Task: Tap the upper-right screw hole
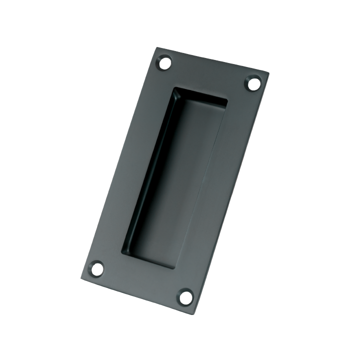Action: point(254,83)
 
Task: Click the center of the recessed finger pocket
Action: point(175,177)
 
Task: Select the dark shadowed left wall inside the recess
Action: point(150,170)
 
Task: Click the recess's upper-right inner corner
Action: point(227,98)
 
